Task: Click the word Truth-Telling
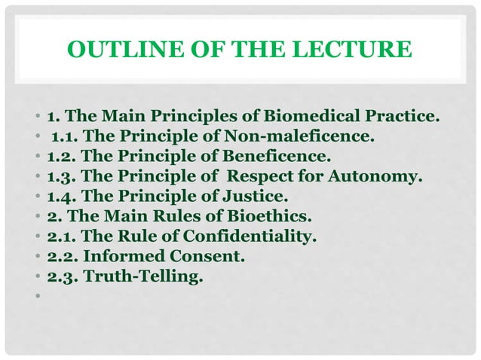(x=144, y=276)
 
